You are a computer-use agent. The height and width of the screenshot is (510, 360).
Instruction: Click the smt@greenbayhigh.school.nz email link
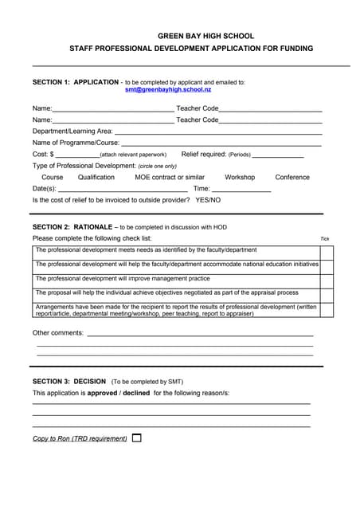pyautogui.click(x=168, y=90)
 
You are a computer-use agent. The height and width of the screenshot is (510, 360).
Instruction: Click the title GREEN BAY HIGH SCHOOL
pyautogui.click(x=206, y=36)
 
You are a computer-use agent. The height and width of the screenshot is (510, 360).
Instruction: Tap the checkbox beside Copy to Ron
pyautogui.click(x=137, y=437)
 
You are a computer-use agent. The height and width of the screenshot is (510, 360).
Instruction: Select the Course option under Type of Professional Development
pyautogui.click(x=53, y=177)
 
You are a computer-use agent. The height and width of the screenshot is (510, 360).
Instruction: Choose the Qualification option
pyautogui.click(x=96, y=177)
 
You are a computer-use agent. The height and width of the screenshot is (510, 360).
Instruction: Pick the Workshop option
pyautogui.click(x=240, y=177)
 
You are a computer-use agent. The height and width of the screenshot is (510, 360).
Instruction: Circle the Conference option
pyautogui.click(x=292, y=177)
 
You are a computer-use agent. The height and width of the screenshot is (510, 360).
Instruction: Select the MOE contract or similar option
pyautogui.click(x=170, y=177)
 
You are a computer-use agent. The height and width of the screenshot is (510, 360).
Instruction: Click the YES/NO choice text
pyautogui.click(x=208, y=199)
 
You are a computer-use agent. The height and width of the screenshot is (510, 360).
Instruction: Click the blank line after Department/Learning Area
pyautogui.click(x=218, y=132)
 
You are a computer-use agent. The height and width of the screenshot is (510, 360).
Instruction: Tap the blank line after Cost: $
pyautogui.click(x=78, y=155)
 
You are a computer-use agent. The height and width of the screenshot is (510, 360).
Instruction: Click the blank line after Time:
pyautogui.click(x=241, y=190)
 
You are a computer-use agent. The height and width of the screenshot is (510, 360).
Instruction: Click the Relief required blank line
pyautogui.click(x=278, y=155)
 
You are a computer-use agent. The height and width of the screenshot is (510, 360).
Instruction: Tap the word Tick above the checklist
pyautogui.click(x=324, y=239)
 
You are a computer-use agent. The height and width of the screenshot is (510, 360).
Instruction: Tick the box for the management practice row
pyautogui.click(x=327, y=279)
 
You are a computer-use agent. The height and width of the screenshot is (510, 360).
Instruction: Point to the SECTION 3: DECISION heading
pyautogui.click(x=69, y=381)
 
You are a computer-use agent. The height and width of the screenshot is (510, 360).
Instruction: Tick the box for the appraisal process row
pyautogui.click(x=327, y=293)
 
